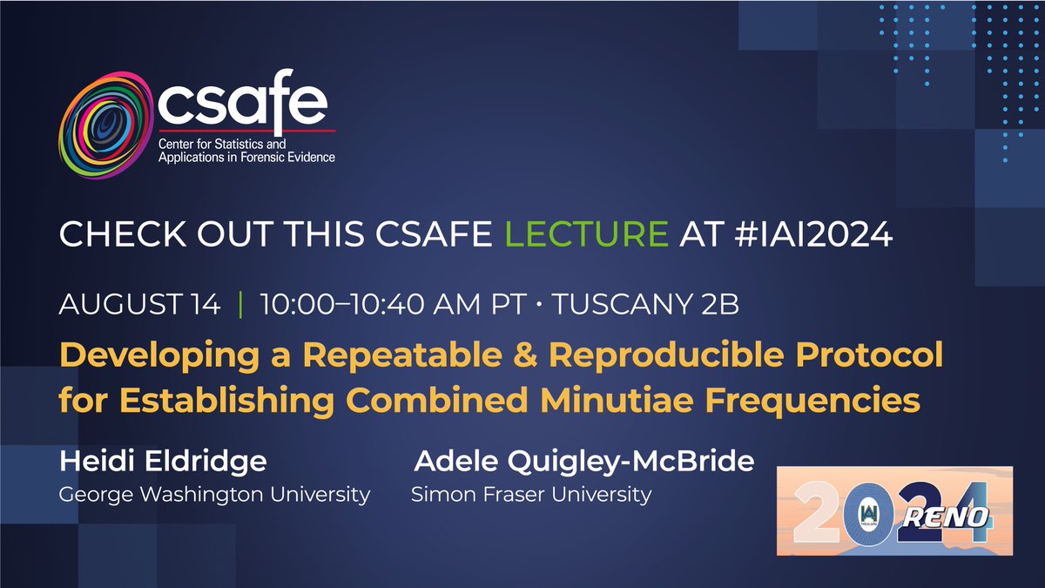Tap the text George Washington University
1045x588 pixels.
[214, 495]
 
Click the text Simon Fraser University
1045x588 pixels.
[531, 495]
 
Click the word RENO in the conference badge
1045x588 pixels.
[957, 518]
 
